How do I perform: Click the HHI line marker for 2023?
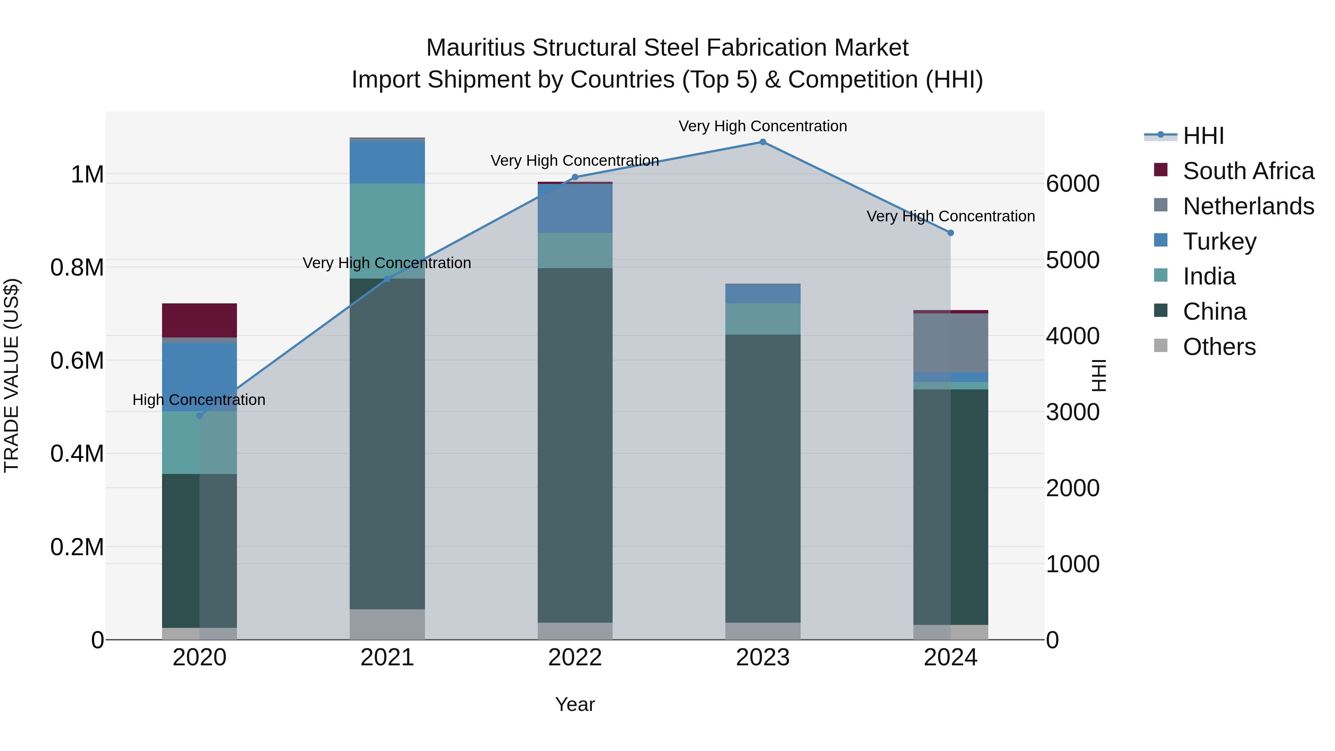[762, 142]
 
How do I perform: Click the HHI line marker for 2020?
[200, 416]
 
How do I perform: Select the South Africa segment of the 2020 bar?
[200, 320]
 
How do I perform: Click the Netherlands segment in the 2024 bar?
[950, 343]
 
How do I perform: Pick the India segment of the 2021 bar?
[387, 231]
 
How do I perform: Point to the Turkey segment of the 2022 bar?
[575, 208]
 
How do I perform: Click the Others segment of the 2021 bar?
[387, 624]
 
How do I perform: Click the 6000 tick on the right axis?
[1072, 184]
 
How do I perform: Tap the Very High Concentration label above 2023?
[762, 126]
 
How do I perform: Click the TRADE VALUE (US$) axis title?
[11, 375]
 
